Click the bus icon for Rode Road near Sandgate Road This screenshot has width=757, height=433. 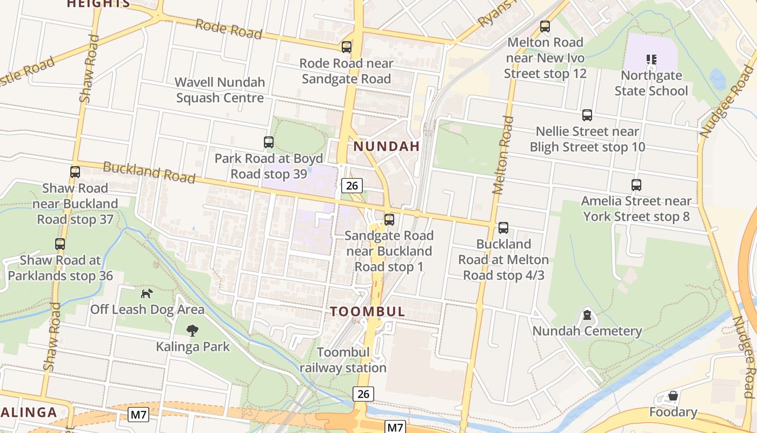[x=347, y=47]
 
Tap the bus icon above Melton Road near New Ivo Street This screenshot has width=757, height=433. [x=545, y=26]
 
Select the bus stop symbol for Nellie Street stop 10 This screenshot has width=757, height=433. [x=587, y=115]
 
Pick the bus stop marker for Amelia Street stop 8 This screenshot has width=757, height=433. [x=636, y=185]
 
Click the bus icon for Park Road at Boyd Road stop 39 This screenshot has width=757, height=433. [x=269, y=142]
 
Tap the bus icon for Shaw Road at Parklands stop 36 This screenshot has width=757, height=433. [x=60, y=244]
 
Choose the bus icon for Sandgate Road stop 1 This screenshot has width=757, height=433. [x=389, y=220]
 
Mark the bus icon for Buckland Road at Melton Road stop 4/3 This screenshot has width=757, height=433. [x=503, y=228]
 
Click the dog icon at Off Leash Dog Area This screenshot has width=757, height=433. [x=147, y=293]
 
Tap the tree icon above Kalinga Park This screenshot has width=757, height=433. [x=192, y=330]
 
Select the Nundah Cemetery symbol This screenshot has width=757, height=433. [x=587, y=315]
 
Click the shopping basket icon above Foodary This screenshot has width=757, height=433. [x=673, y=396]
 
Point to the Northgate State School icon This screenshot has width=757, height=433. [x=652, y=59]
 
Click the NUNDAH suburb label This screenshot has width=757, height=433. [x=387, y=146]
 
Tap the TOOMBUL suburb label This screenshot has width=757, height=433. [x=368, y=312]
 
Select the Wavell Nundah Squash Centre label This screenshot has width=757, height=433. [x=220, y=90]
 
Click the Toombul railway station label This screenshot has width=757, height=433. [x=343, y=360]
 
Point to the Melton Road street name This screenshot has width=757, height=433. [x=502, y=154]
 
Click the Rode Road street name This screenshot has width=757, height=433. [x=228, y=29]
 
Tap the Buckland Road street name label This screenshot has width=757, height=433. [x=149, y=172]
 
